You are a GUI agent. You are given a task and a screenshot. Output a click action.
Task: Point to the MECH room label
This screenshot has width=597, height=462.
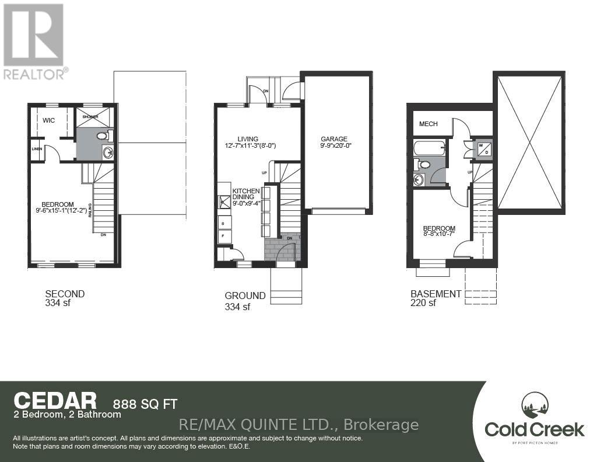click(x=429, y=124)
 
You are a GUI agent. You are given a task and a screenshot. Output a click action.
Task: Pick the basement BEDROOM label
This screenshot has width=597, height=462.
click(x=439, y=228)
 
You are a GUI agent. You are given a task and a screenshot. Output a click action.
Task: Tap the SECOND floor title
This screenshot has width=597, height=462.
click(x=65, y=294)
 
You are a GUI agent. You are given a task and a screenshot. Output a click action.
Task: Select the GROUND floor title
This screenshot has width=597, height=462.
click(x=245, y=296)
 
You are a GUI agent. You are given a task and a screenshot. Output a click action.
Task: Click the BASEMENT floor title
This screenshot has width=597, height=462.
click(x=436, y=294)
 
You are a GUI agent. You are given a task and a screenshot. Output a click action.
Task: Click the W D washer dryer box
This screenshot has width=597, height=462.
click(x=483, y=150)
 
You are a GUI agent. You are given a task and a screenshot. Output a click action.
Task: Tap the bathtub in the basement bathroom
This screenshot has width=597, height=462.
click(x=429, y=148)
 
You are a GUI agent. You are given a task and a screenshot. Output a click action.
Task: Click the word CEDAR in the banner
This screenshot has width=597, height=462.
click(x=55, y=401)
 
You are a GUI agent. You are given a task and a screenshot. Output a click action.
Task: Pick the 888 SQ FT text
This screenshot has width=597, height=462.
click(x=145, y=403)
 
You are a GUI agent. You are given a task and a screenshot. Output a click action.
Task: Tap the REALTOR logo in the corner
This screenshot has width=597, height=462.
click(x=34, y=41)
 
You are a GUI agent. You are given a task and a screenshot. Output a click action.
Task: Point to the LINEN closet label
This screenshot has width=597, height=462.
click(x=37, y=149)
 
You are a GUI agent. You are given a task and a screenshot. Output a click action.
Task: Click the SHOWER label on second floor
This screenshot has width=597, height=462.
click(x=90, y=117)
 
